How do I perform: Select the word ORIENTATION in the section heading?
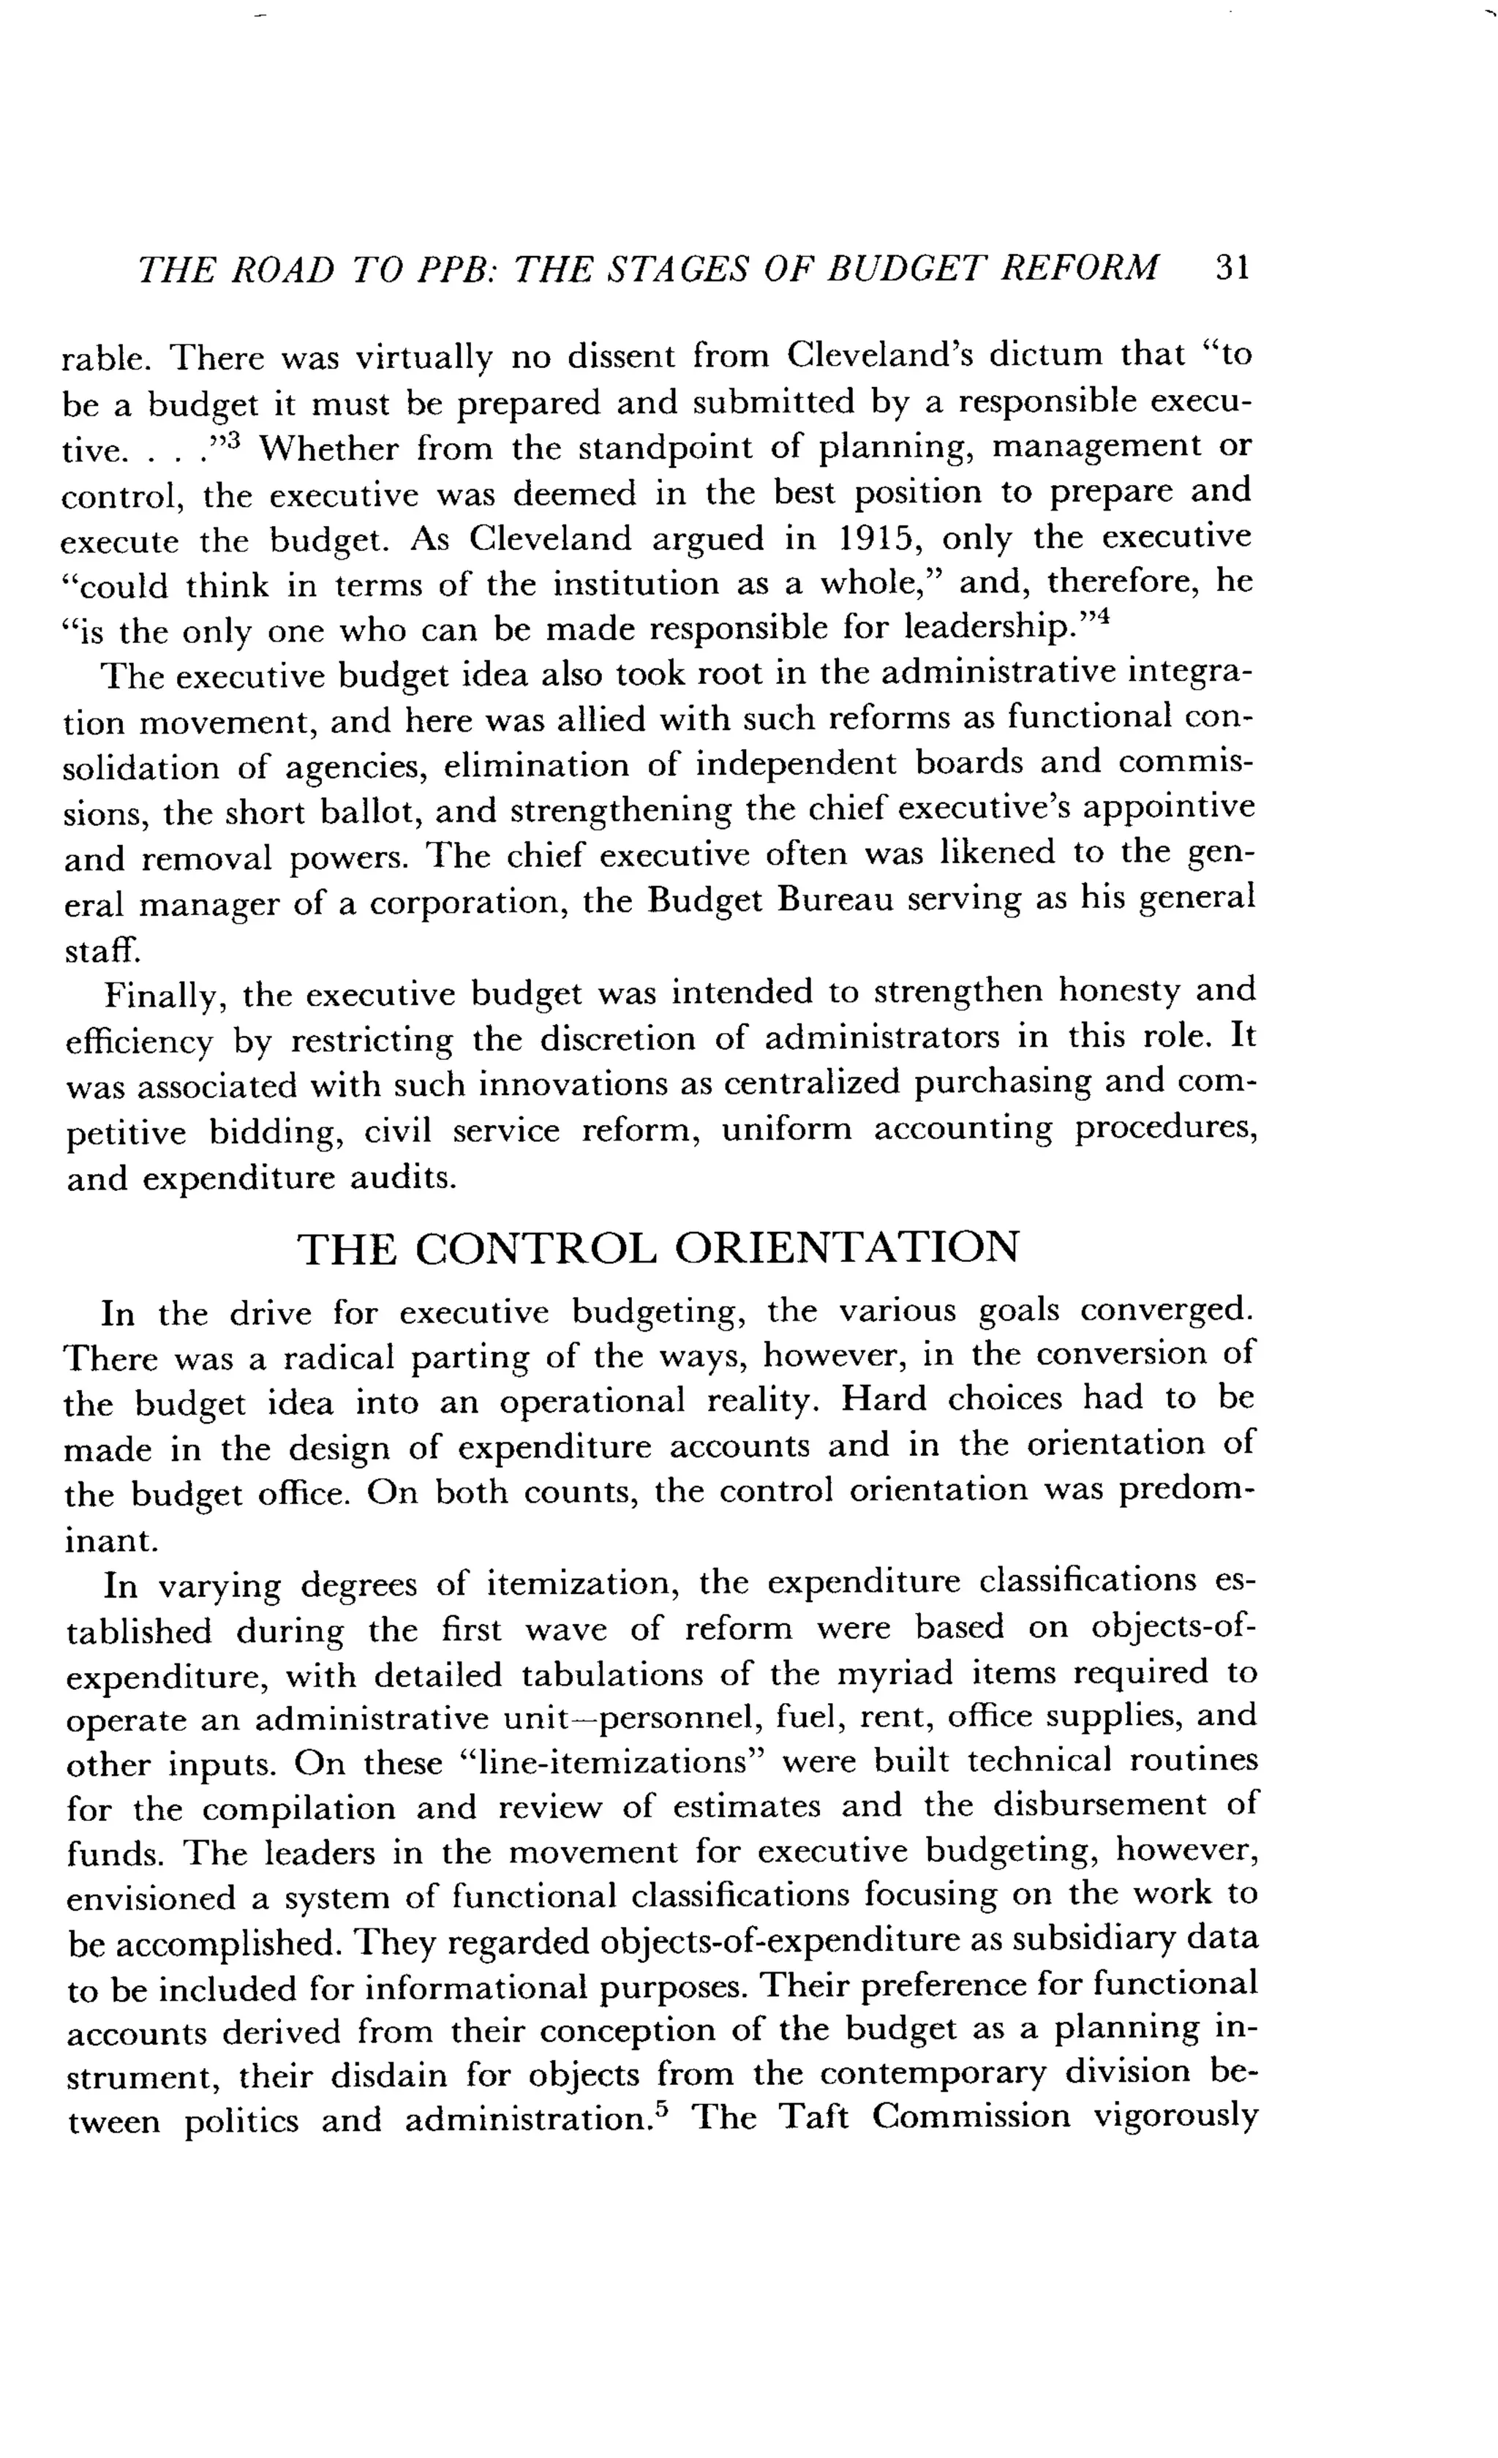coord(848,1248)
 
